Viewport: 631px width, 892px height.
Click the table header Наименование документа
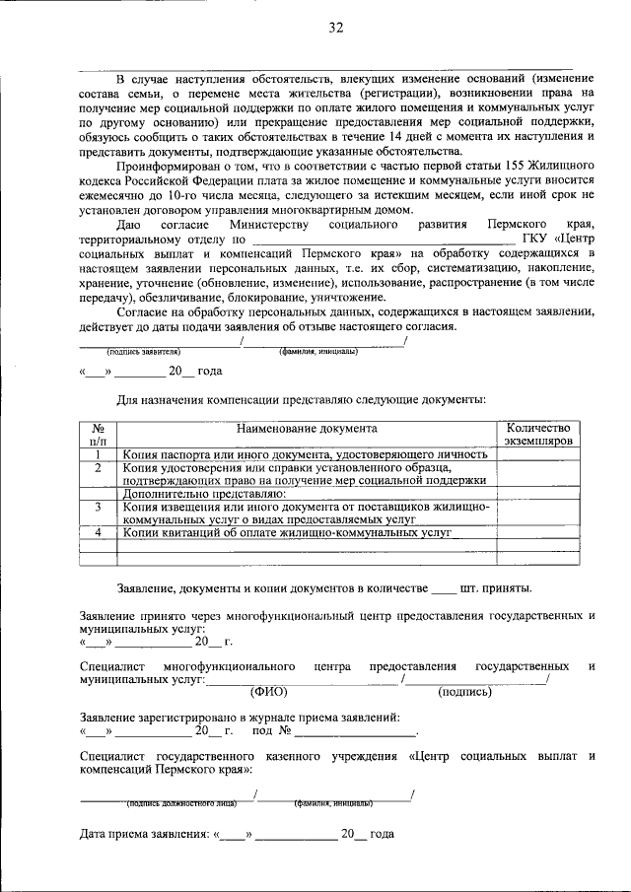pyautogui.click(x=306, y=429)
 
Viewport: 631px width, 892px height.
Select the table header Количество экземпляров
pyautogui.click(x=537, y=436)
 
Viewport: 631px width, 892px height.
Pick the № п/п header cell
pyautogui.click(x=99, y=436)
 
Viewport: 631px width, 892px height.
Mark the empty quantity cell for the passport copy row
pyautogui.click(x=537, y=454)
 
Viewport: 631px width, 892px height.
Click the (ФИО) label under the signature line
pyautogui.click(x=268, y=692)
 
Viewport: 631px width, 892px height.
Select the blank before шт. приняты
pyautogui.click(x=444, y=589)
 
